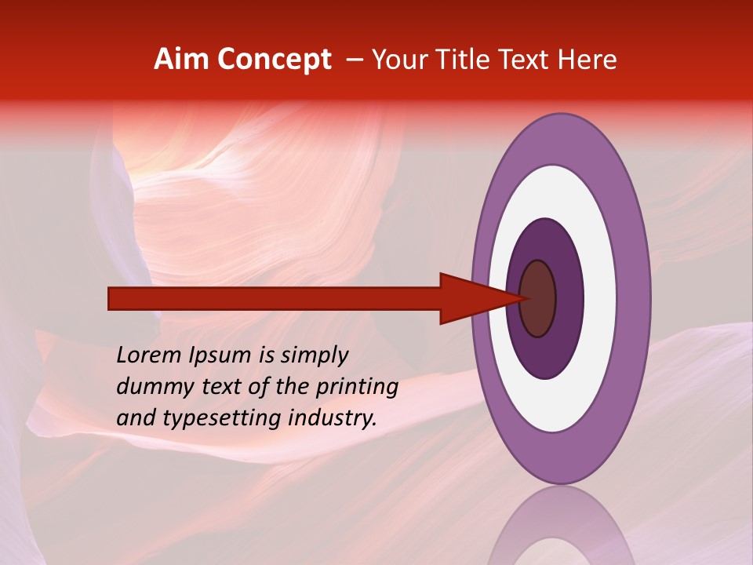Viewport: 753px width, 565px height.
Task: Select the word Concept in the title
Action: tap(274, 60)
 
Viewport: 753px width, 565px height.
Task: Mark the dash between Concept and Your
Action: tap(355, 60)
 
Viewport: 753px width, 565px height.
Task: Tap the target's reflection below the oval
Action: tap(561, 530)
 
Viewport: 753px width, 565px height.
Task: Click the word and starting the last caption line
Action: tap(135, 418)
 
